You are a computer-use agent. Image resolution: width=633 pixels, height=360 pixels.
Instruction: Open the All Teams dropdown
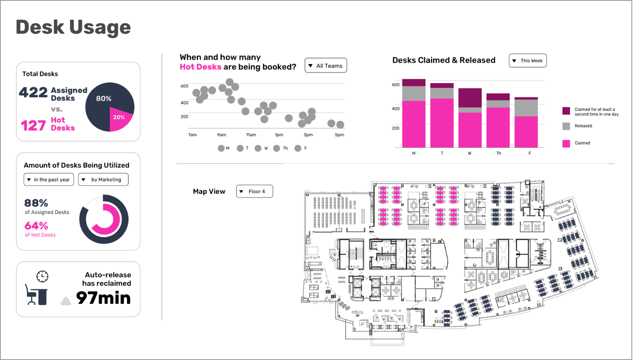pos(326,66)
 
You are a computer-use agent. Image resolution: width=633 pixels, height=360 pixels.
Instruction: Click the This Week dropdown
pos(527,61)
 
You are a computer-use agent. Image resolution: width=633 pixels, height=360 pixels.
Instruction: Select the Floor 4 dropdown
pos(254,191)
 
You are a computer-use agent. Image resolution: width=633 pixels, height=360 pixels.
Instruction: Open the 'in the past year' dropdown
pos(49,180)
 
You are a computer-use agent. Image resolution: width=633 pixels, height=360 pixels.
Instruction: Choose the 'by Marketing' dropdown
pos(103,180)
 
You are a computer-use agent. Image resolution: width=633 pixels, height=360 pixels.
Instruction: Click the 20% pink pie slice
pos(119,118)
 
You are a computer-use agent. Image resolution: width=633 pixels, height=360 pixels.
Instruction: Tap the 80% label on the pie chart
pos(104,99)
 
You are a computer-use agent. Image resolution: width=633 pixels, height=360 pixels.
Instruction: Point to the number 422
pos(33,93)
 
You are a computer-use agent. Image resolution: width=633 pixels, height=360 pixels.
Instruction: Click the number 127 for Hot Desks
pos(33,126)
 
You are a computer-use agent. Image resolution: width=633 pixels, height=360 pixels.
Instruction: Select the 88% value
pos(36,203)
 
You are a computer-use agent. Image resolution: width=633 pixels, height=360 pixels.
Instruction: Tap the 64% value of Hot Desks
pos(36,226)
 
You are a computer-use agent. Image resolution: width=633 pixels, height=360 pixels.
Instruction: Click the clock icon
pos(42,276)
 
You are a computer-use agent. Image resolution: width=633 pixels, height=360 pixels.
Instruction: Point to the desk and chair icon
pos(36,295)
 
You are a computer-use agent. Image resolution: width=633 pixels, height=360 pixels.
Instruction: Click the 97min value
pos(103,298)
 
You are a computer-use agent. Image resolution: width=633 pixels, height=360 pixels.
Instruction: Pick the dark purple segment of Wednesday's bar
pos(470,98)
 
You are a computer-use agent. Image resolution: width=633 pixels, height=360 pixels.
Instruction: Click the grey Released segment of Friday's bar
pos(526,108)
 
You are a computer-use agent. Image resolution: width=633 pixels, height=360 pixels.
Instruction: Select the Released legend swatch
pos(566,126)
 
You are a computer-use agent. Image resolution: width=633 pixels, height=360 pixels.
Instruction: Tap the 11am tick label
pos(251,135)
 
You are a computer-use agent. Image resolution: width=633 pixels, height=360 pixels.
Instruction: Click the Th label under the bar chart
pos(498,153)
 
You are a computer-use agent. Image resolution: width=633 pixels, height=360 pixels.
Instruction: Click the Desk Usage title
pos(73,27)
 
